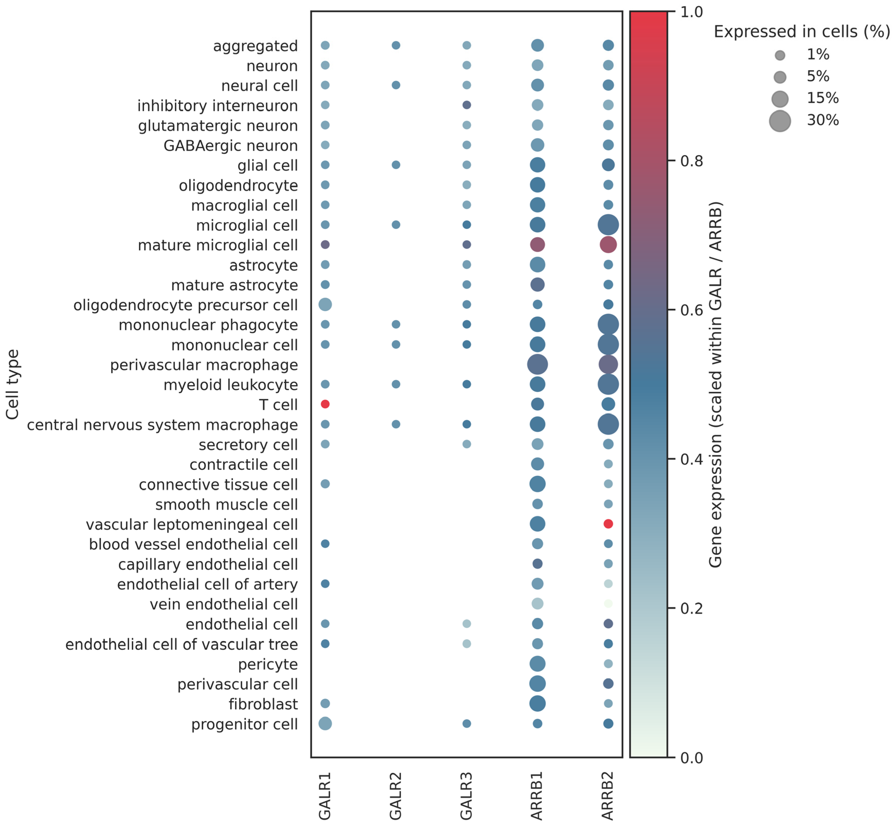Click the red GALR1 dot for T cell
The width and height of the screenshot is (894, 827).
pos(325,404)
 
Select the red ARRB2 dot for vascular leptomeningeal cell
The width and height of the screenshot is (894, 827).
pos(608,523)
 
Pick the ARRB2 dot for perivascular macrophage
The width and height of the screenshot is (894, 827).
pos(608,364)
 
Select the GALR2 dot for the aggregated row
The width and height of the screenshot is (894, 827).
pos(396,45)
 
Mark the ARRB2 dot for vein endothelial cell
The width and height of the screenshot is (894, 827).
pos(608,604)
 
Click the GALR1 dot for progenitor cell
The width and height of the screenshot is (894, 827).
pos(325,723)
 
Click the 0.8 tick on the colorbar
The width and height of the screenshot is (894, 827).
pos(671,161)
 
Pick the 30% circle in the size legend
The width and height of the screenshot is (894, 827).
pos(780,121)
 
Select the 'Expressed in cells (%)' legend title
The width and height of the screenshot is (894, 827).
pos(802,32)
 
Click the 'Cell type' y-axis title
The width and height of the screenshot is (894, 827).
pos(13,384)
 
